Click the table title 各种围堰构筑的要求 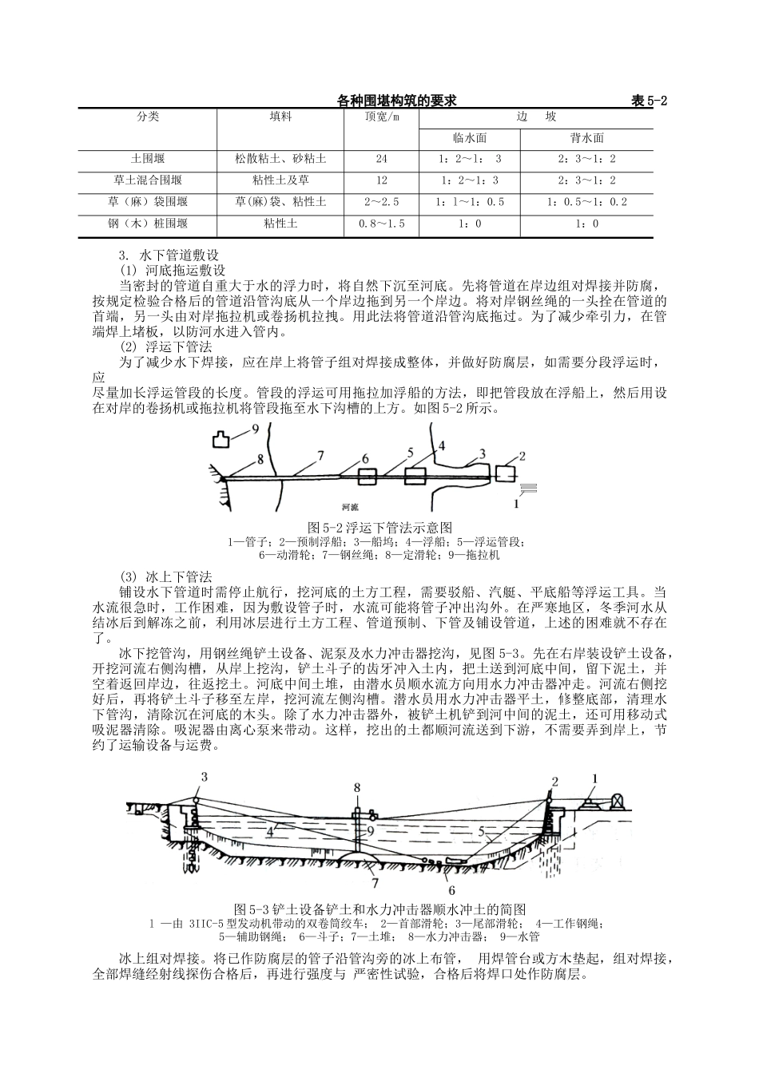(x=396, y=101)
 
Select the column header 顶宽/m (x=381, y=117)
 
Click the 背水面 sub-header (x=586, y=138)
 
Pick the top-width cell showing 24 (x=381, y=160)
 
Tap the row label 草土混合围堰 (x=148, y=181)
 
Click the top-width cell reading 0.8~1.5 (x=381, y=224)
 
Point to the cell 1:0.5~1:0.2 (x=586, y=203)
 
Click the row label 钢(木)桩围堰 (x=148, y=224)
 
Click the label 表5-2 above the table (x=649, y=101)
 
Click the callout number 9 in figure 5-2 (x=256, y=430)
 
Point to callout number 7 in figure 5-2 (x=320, y=456)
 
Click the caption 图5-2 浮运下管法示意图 (x=380, y=528)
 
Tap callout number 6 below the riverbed (x=451, y=889)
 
